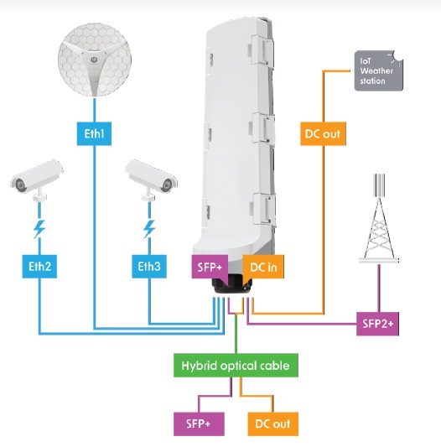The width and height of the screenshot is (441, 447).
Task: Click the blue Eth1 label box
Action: click(x=94, y=133)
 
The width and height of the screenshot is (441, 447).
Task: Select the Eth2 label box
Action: click(x=39, y=267)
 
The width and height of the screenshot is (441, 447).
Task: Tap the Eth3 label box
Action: click(x=149, y=267)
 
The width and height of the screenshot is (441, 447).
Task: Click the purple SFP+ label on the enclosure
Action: click(x=210, y=267)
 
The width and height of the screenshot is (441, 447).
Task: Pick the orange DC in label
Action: click(x=263, y=267)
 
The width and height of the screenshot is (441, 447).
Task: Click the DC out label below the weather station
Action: click(x=323, y=133)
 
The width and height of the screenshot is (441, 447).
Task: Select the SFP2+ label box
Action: click(x=378, y=324)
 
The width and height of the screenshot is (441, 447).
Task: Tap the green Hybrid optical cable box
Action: click(x=236, y=366)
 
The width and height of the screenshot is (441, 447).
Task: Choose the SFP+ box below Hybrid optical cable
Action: click(x=199, y=424)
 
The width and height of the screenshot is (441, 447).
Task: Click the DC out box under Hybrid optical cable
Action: click(x=273, y=424)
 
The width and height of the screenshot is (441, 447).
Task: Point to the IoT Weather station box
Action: click(x=379, y=71)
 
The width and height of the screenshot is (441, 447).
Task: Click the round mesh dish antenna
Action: click(x=95, y=60)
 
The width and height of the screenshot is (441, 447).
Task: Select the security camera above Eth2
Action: click(x=37, y=179)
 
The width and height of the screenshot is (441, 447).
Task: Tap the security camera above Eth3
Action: click(x=151, y=179)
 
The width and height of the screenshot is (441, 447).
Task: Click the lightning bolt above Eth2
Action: click(x=39, y=229)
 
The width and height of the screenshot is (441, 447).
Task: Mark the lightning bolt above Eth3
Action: click(x=149, y=229)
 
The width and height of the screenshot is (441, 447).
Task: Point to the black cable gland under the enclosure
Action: click(x=231, y=286)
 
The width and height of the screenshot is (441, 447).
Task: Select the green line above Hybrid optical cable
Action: click(x=236, y=334)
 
